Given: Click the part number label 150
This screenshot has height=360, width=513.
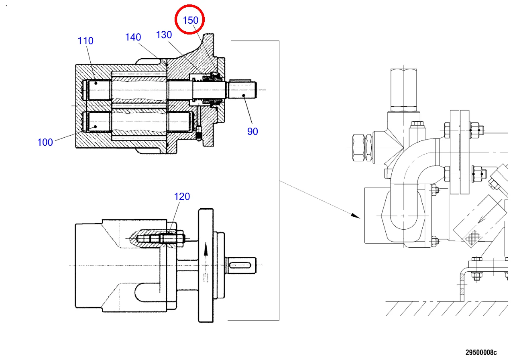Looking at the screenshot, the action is click(x=191, y=20).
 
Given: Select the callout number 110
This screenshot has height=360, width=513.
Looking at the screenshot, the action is click(x=85, y=41).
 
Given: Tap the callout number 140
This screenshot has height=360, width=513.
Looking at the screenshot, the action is click(x=133, y=37).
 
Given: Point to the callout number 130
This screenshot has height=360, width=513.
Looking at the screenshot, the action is click(x=164, y=35).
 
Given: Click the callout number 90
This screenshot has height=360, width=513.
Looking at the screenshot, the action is click(x=252, y=132).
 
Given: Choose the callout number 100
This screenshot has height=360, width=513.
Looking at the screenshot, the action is click(x=45, y=142).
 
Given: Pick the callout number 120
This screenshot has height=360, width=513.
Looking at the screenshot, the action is click(x=182, y=197).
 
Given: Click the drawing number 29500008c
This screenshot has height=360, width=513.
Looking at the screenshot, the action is click(x=481, y=352).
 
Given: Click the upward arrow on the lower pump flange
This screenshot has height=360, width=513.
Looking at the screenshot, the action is click(x=206, y=249).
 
